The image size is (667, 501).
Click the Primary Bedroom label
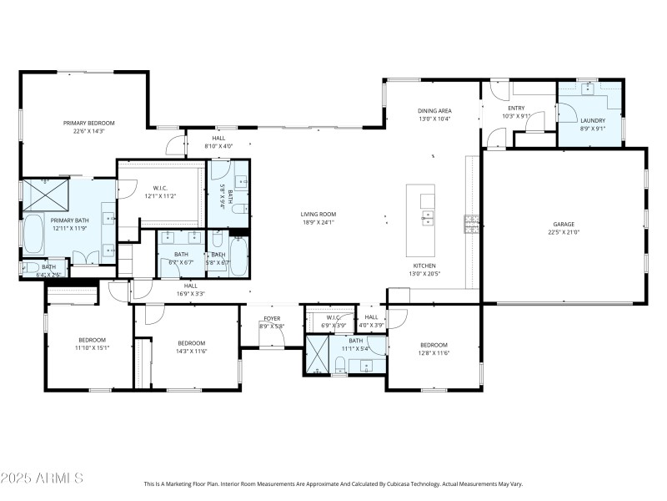pyautogui.click(x=88, y=123)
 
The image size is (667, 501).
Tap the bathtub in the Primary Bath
pyautogui.click(x=33, y=235)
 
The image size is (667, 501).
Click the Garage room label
pyautogui.click(x=564, y=224)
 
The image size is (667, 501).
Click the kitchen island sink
pyautogui.click(x=428, y=220)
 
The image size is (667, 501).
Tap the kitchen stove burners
pyautogui.click(x=471, y=224)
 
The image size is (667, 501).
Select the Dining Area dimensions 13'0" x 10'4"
pyautogui.click(x=434, y=119)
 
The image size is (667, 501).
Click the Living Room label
pyautogui.click(x=318, y=215)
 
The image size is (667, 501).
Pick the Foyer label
pyautogui.click(x=272, y=318)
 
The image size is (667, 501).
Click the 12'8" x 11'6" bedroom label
pyautogui.click(x=434, y=345)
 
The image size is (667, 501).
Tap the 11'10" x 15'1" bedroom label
pyautogui.click(x=92, y=340)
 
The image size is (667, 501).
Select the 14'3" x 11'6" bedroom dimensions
pyautogui.click(x=191, y=352)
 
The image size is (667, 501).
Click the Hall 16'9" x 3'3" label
pyautogui.click(x=191, y=286)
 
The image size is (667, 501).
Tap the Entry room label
pyautogui.click(x=516, y=108)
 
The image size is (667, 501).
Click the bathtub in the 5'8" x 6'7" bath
pyautogui.click(x=238, y=256)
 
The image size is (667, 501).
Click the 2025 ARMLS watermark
pyautogui.click(x=42, y=478)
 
